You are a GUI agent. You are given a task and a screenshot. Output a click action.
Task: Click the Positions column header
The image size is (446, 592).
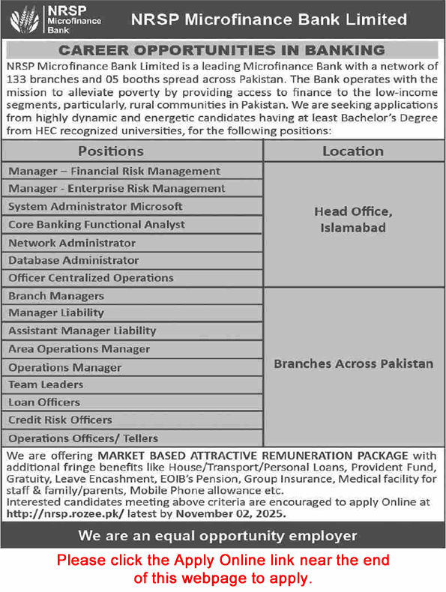click(132, 151)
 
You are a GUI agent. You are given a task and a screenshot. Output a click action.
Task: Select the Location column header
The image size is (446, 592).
click(352, 151)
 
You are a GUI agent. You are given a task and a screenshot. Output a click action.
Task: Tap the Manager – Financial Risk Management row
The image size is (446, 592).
click(115, 171)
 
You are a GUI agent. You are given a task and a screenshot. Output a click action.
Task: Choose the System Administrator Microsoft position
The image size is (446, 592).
click(95, 206)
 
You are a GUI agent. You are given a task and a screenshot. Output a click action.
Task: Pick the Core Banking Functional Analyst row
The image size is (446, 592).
click(97, 224)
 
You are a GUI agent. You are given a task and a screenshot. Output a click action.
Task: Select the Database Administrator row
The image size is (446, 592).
click(73, 260)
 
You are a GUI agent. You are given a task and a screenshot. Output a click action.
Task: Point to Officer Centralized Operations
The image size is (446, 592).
click(91, 278)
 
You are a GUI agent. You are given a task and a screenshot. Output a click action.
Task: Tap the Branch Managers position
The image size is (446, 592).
click(56, 296)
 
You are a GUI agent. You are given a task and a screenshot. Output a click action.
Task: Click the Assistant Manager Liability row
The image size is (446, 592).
click(82, 330)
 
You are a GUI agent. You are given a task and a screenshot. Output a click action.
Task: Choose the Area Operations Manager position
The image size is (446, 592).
click(79, 349)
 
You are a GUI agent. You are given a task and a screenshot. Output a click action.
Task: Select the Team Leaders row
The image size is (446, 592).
click(46, 384)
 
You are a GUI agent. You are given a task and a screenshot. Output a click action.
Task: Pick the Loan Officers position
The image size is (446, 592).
click(44, 402)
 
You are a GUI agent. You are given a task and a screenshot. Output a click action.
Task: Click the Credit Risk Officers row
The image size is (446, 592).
click(60, 420)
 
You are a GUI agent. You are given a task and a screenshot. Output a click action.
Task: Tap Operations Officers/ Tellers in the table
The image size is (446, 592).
click(83, 438)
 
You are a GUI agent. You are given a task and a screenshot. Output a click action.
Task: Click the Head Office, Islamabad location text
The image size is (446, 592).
click(352, 219)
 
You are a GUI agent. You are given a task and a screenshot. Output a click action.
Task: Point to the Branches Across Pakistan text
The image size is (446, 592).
click(353, 363)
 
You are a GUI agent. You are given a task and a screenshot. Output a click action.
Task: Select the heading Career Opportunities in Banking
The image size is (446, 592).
click(222, 50)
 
